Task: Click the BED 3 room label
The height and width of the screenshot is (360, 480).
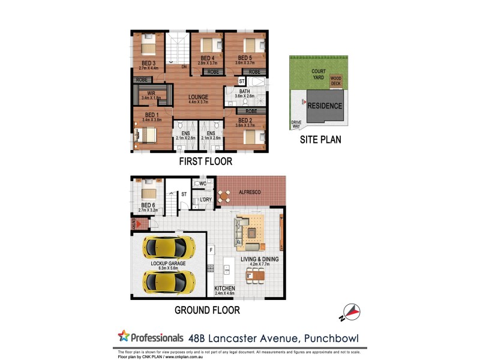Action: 149,62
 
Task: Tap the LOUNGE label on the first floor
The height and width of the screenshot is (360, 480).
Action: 198,97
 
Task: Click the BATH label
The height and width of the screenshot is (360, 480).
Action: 244,92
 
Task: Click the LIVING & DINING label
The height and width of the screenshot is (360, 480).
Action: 260,259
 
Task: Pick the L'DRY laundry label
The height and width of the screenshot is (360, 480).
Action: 206,199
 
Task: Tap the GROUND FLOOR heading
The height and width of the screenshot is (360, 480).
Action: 207,310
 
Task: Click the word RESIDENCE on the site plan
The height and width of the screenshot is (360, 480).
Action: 325,106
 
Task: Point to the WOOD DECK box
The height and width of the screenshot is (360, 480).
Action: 335,80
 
